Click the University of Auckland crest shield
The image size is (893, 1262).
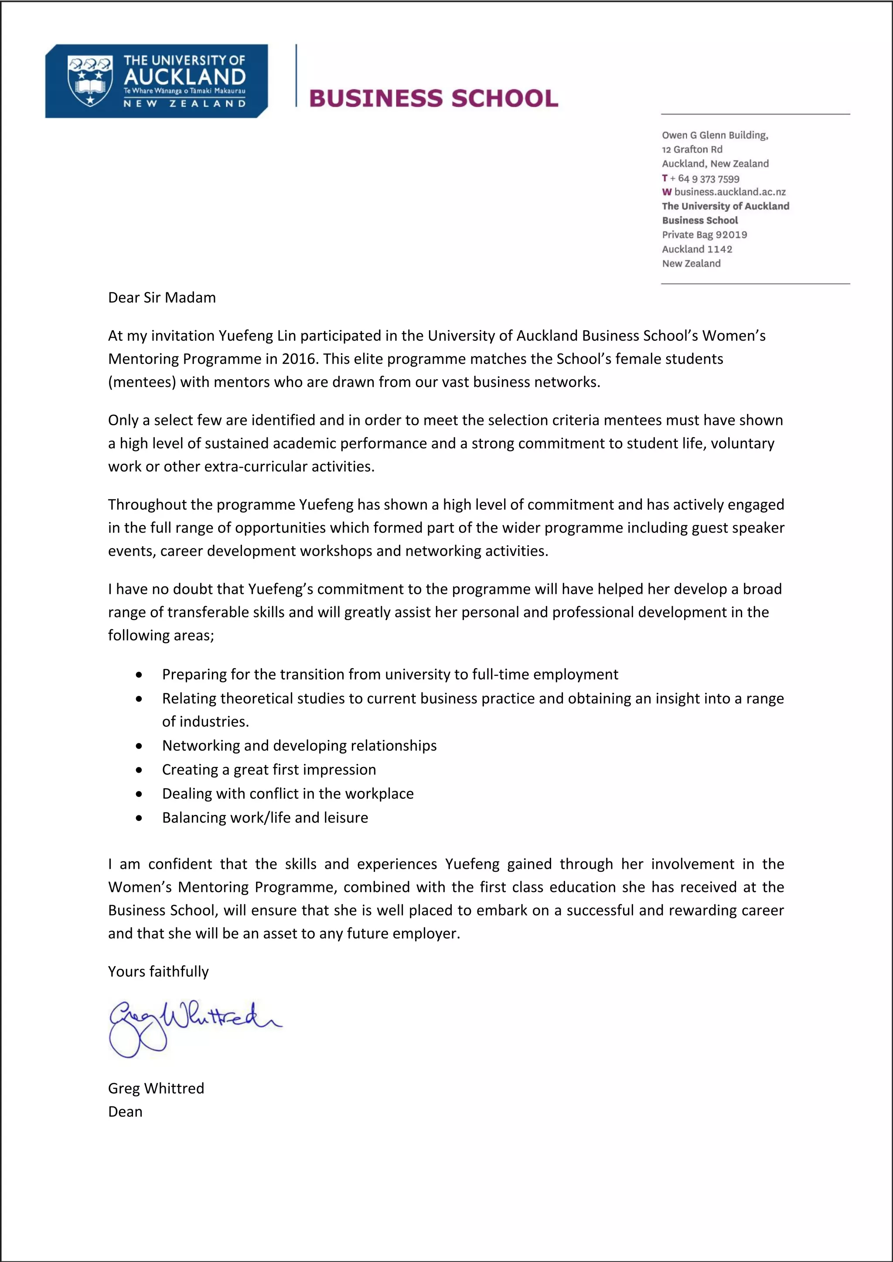click(90, 80)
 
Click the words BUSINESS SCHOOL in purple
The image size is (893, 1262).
click(433, 98)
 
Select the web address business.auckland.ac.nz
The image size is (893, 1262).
click(729, 192)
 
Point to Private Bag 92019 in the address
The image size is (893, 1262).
click(704, 235)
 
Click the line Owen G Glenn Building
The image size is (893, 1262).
click(715, 135)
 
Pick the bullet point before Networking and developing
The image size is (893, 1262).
click(139, 746)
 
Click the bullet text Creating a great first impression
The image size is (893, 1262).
click(269, 770)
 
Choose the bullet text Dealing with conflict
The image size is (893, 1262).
click(288, 794)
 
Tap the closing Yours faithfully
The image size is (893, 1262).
click(158, 971)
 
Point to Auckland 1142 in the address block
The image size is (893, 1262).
click(697, 249)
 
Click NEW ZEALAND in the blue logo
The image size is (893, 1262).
click(184, 103)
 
